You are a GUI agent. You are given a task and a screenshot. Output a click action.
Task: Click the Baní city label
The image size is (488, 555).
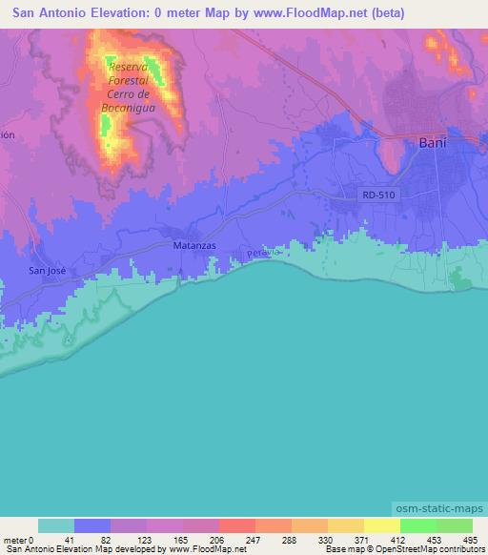(x=434, y=144)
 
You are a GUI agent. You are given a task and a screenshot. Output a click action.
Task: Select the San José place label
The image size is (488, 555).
(x=45, y=271)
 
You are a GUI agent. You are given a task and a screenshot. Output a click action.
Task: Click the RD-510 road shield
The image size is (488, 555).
(x=378, y=195)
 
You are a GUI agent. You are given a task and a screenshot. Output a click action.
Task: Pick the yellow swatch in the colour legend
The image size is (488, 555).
(x=381, y=525)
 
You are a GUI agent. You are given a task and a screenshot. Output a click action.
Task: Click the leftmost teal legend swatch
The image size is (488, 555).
(x=56, y=525)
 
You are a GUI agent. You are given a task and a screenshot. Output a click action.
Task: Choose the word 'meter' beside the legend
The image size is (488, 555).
(x=14, y=539)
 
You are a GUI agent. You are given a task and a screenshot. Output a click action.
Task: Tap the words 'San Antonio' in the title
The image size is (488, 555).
(x=45, y=13)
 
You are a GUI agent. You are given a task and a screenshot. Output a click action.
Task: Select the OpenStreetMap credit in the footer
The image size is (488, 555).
(x=429, y=549)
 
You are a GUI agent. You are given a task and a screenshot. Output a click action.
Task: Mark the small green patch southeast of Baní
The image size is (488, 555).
(x=461, y=278)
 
